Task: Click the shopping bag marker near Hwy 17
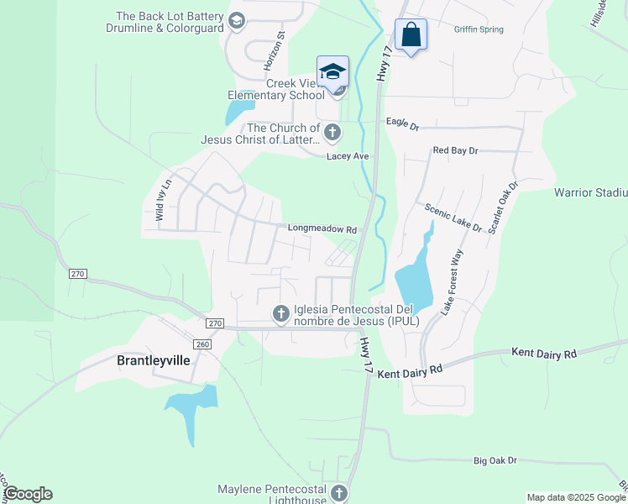click(x=411, y=35)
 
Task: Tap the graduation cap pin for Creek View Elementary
click(x=332, y=71)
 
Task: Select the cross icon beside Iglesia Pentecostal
click(x=281, y=314)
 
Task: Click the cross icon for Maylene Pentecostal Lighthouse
click(x=338, y=493)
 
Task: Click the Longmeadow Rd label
click(x=322, y=228)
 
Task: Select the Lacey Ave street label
click(x=348, y=156)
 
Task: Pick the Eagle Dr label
click(x=402, y=123)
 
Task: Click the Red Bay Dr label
click(x=454, y=150)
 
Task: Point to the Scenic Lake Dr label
click(x=453, y=218)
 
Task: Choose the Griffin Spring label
click(x=479, y=29)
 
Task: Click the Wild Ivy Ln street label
click(x=163, y=200)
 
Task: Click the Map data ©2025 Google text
click(x=576, y=497)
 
